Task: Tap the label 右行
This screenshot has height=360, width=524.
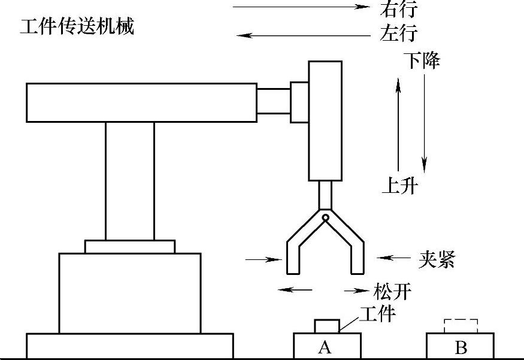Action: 398,9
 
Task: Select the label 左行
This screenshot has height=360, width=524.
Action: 398,34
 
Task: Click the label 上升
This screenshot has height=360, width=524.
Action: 399,186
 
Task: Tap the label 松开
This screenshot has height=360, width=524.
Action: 392,292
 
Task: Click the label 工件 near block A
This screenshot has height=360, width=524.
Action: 377,312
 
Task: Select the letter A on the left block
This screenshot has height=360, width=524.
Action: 324,347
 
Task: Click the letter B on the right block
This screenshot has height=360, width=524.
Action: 461,347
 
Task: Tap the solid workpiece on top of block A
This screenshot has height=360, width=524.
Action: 327,326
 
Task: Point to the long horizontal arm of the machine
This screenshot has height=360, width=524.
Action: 141,102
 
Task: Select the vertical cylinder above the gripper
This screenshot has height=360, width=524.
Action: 325,120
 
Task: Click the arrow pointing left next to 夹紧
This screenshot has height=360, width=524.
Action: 393,258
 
